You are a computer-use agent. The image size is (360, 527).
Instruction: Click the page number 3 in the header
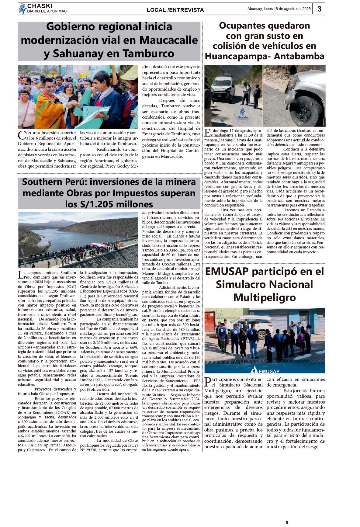(x=319, y=9)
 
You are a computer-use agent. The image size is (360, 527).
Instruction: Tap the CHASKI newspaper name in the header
(x=40, y=6)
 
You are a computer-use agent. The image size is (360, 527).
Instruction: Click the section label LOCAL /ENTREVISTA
(x=175, y=10)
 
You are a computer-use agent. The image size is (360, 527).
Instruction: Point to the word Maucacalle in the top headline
(x=168, y=40)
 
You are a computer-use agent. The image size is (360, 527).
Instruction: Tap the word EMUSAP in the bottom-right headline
(x=227, y=271)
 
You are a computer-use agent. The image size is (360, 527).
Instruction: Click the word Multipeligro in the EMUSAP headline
(x=265, y=297)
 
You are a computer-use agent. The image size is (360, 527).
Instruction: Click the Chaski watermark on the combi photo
(x=242, y=114)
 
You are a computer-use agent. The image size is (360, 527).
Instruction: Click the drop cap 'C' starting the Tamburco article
(x=22, y=135)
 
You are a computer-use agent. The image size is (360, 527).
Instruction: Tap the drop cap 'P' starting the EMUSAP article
(x=208, y=382)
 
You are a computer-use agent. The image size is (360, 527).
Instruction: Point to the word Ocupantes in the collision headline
(x=241, y=26)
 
